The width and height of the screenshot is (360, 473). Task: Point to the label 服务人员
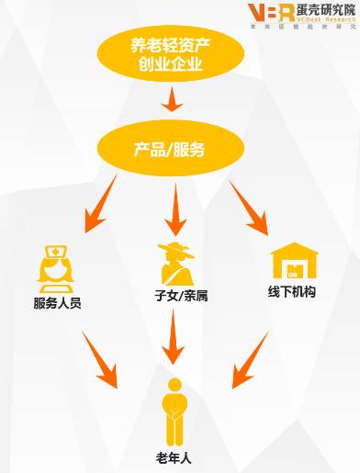point(56,302)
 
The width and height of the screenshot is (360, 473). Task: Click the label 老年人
point(172,457)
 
